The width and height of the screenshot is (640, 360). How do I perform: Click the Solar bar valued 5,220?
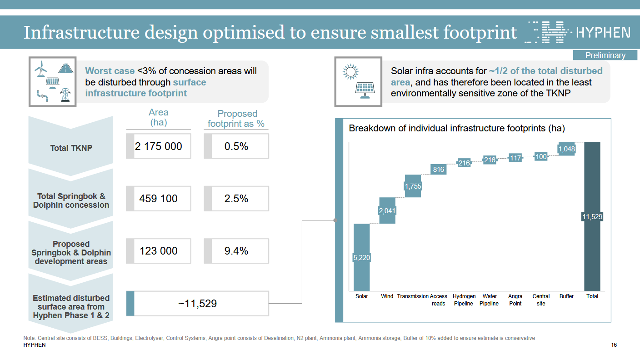(362, 257)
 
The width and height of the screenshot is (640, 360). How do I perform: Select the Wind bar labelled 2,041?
(387, 210)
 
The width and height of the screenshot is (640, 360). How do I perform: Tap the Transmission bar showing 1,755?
(413, 186)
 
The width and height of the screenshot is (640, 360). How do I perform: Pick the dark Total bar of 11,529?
(592, 216)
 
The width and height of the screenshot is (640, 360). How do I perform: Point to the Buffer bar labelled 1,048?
(566, 149)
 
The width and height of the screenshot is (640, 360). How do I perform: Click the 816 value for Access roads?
(438, 170)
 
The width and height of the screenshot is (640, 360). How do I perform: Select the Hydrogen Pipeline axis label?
(464, 300)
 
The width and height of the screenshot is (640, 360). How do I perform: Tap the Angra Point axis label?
(515, 300)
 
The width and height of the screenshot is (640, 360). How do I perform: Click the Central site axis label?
(541, 300)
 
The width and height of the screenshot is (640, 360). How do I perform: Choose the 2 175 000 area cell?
(159, 146)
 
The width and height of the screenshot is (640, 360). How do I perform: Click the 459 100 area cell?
(159, 199)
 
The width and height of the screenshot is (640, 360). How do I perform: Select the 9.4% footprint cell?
(236, 251)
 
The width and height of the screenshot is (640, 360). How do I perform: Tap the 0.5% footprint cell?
(236, 146)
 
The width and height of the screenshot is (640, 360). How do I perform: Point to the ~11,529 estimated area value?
(197, 304)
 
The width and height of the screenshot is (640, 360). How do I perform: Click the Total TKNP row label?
(71, 148)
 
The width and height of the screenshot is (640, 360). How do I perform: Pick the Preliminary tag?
(605, 55)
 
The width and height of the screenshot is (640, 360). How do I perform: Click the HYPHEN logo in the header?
(577, 32)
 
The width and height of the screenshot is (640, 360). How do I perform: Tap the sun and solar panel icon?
(357, 82)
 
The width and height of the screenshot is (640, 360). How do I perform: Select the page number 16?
(614, 345)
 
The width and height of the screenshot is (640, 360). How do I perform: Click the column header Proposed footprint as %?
(236, 119)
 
